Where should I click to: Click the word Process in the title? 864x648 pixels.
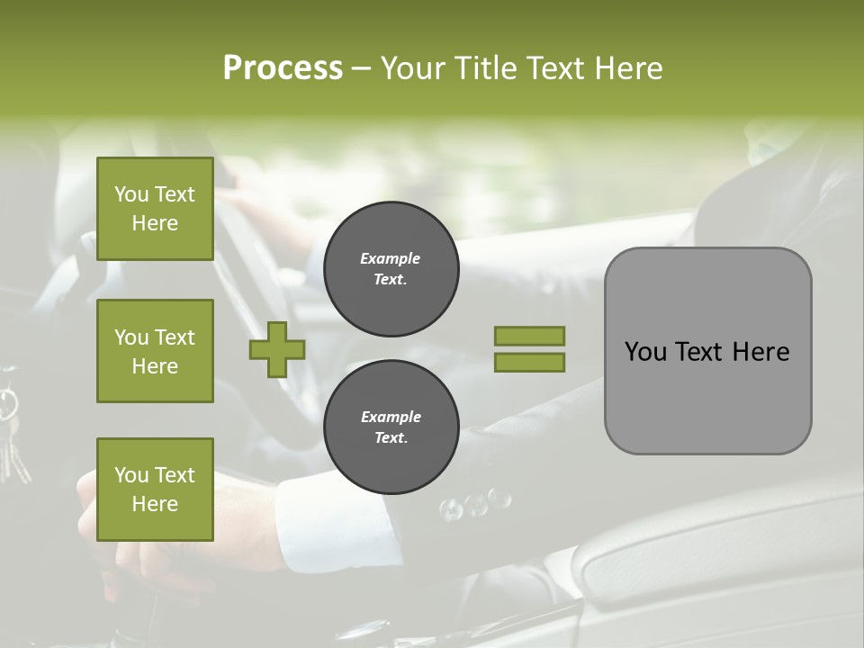tap(283, 67)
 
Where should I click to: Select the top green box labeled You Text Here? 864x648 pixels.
tap(155, 209)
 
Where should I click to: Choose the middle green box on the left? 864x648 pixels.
tap(155, 351)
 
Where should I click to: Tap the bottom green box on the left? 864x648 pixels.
tap(155, 490)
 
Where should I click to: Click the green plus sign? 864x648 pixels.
tap(277, 349)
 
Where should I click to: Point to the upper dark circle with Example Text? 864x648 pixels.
tap(391, 269)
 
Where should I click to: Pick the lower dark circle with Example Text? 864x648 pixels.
tap(391, 427)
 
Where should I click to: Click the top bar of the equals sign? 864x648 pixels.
tap(529, 337)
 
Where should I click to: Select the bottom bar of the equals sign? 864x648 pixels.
tap(529, 363)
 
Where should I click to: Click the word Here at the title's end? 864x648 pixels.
tap(629, 67)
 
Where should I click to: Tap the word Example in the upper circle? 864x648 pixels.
tap(391, 258)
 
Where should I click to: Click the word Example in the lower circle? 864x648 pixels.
tap(391, 417)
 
